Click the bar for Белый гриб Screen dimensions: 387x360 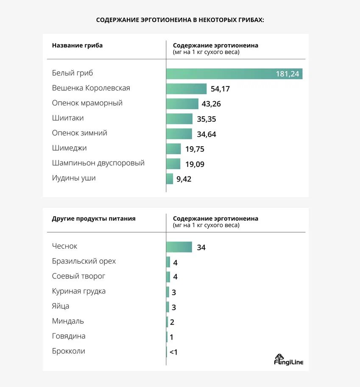click(234, 74)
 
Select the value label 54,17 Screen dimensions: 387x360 click(220, 89)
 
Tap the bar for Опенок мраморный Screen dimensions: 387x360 click(182, 104)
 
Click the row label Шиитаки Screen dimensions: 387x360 click(68, 118)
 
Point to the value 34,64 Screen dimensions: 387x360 click(207, 134)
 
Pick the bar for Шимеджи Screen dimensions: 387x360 click(174, 149)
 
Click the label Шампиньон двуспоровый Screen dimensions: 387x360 click(98, 163)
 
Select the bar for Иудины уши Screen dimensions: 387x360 click(170, 178)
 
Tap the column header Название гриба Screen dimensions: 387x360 click(77, 45)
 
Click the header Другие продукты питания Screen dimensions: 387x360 click(94, 219)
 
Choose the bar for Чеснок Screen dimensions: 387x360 click(179, 247)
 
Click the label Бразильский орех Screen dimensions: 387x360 click(84, 261)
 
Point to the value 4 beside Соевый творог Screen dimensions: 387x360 click(175, 277)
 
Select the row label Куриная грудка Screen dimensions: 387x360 click(78, 291)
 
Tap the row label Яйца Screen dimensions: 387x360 click(61, 306)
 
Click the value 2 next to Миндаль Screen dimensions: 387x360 click(172, 322)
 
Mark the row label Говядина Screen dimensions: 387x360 click(69, 336)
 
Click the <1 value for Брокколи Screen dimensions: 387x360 click(173, 352)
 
